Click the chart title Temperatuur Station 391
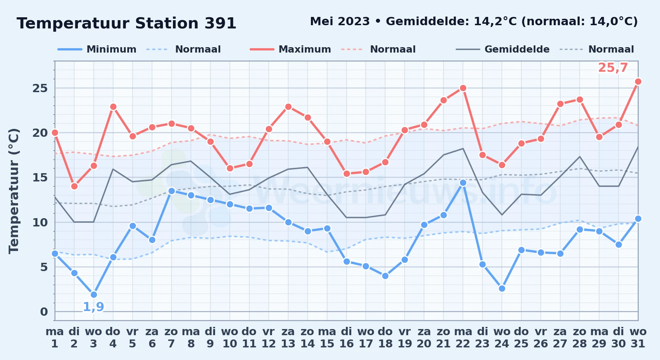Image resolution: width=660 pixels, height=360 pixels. (x=126, y=23)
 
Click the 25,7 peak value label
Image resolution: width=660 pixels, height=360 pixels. (x=613, y=68)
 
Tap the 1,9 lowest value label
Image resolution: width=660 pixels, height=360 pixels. (x=94, y=307)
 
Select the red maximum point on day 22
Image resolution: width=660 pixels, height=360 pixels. (x=463, y=88)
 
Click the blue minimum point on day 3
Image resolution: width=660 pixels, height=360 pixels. (x=94, y=294)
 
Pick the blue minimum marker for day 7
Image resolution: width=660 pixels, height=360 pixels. (x=171, y=191)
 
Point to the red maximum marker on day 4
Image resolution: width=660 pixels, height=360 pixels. (x=113, y=107)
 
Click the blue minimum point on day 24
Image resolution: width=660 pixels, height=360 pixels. (x=502, y=288)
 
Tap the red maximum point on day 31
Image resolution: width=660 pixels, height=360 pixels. (x=638, y=82)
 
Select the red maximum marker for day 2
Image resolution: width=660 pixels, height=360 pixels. (x=74, y=186)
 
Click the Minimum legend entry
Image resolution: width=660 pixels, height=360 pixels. (x=97, y=49)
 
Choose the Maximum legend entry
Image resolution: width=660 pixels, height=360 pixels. (x=290, y=49)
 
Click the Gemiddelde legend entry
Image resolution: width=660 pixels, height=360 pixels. (x=503, y=49)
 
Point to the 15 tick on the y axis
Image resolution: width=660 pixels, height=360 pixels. (x=40, y=177)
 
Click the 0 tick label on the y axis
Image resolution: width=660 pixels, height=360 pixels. (x=44, y=312)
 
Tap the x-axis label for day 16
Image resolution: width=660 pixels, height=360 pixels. (x=347, y=338)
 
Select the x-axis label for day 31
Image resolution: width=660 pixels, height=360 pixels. (x=638, y=338)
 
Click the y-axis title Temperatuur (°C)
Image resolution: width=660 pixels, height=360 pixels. (x=14, y=191)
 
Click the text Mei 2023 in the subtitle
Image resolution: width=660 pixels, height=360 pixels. (x=340, y=22)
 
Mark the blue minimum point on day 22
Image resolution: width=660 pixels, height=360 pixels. (x=463, y=183)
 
